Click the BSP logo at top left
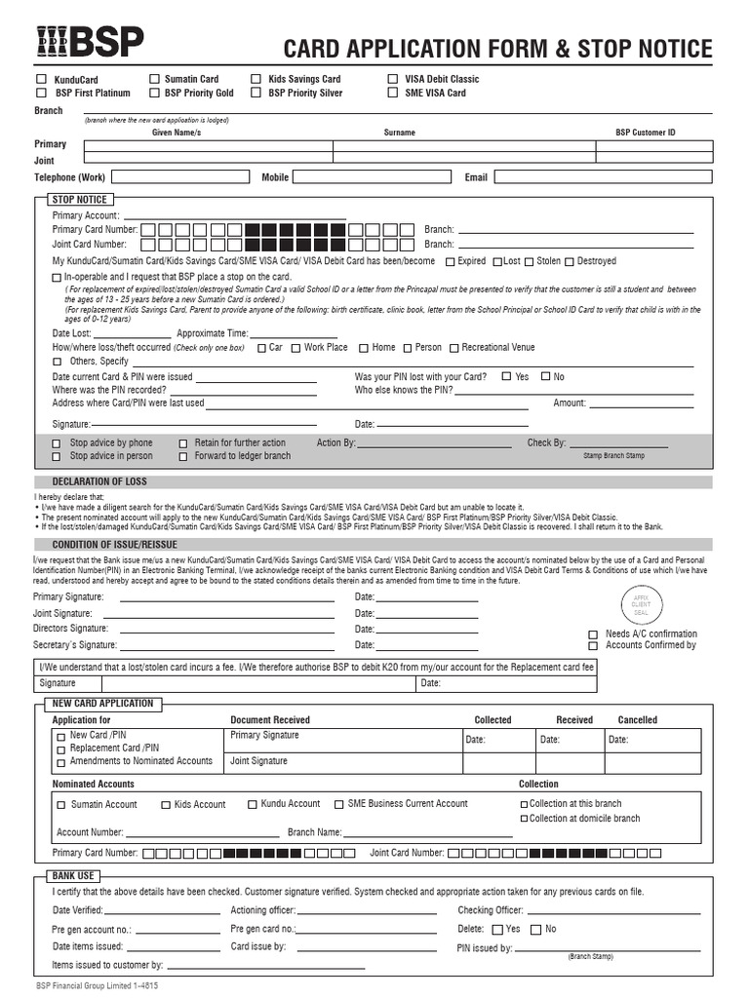[90, 42]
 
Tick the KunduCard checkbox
[41, 79]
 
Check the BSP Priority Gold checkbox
[154, 93]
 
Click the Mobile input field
[374, 177]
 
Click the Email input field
[604, 177]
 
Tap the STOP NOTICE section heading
[80, 199]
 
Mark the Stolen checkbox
[529, 261]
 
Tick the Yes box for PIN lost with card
[506, 376]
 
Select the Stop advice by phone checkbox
[56, 443]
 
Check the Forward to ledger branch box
[182, 456]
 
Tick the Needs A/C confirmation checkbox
[592, 633]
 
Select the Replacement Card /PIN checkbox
[60, 748]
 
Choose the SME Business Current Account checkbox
[338, 804]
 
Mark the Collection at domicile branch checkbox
[524, 819]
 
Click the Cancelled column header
[637, 720]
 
